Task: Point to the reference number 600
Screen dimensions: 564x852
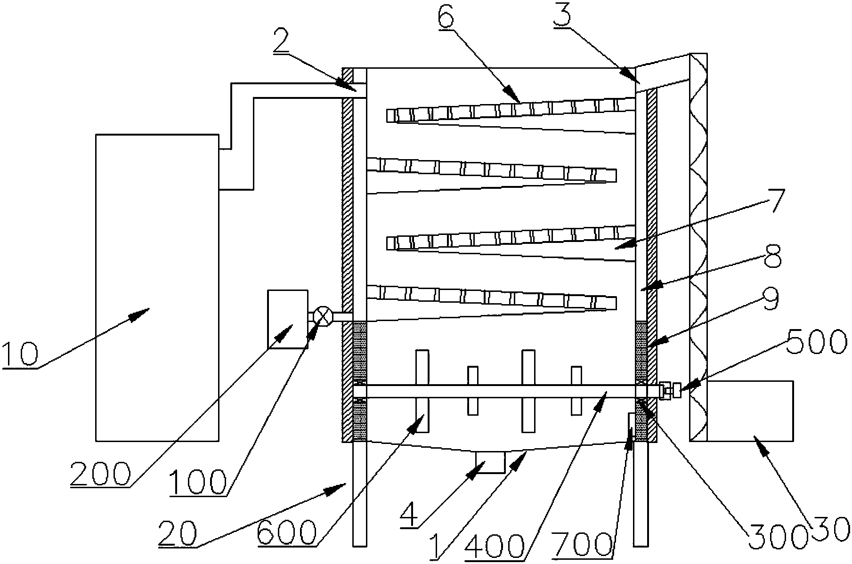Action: [x=287, y=533]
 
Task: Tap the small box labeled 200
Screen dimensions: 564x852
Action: [x=287, y=319]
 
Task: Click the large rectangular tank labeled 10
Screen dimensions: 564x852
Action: [x=157, y=287]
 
